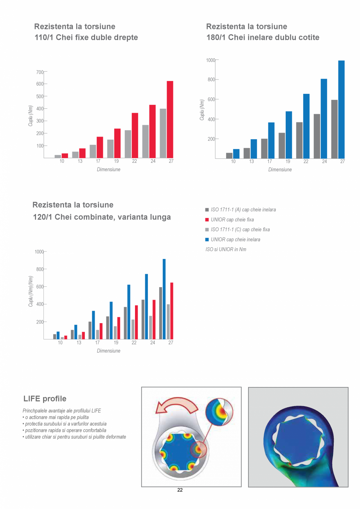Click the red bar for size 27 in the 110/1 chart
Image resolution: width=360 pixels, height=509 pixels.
point(170,119)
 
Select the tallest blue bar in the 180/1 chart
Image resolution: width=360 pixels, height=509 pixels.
point(341,110)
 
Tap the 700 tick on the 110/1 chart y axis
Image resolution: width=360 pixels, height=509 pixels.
point(40,72)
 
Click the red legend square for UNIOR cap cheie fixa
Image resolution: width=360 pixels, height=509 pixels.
point(207,220)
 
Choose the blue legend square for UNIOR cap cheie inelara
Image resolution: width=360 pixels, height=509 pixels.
point(207,239)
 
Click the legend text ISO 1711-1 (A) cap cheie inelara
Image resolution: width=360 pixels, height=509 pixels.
point(243,210)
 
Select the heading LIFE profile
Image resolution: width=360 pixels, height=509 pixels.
point(45,399)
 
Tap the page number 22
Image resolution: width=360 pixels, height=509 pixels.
point(180,490)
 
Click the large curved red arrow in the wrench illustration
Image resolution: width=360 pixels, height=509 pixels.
point(176,405)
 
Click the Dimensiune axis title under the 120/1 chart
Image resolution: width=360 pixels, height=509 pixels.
point(108,351)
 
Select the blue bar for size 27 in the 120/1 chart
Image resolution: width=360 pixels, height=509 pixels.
point(164,299)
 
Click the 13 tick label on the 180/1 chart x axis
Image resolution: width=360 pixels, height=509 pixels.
point(251,162)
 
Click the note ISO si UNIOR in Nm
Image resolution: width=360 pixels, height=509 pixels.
point(226,249)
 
